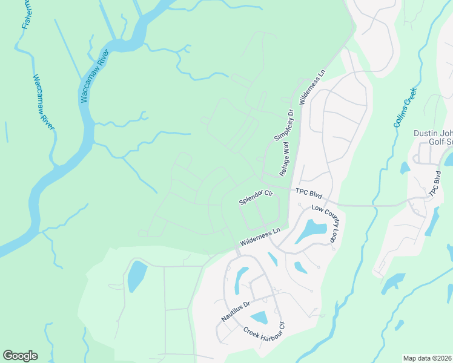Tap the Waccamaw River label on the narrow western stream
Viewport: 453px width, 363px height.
[44, 103]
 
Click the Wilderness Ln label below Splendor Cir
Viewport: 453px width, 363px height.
[261, 236]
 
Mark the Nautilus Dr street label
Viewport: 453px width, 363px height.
[235, 310]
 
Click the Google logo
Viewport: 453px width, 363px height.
[20, 356]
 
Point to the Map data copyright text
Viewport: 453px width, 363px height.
[428, 358]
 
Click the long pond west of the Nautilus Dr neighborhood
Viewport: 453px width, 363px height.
[136, 278]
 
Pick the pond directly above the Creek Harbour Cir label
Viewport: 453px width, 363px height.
[259, 317]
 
